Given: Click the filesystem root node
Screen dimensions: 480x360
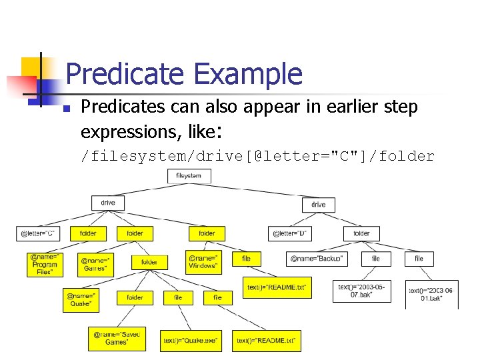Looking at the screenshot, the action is pyautogui.click(x=189, y=176).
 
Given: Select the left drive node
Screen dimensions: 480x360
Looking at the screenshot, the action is pyautogui.click(x=108, y=203).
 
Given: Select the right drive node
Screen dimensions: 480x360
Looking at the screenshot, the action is pyautogui.click(x=318, y=204).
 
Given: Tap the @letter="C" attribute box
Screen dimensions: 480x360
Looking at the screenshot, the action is pyautogui.click(x=37, y=233).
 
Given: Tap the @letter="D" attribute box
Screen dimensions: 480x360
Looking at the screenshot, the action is pyautogui.click(x=291, y=233).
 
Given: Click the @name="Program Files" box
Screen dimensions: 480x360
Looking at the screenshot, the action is pyautogui.click(x=45, y=264).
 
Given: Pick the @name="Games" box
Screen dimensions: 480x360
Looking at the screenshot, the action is pyautogui.click(x=97, y=264).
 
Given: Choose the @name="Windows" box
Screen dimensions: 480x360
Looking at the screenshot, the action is pyautogui.click(x=203, y=261).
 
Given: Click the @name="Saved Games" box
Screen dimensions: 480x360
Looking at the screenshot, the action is pyautogui.click(x=117, y=338).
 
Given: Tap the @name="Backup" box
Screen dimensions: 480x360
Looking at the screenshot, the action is pyautogui.click(x=317, y=258).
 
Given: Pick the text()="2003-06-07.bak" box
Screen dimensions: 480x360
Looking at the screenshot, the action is pyautogui.click(x=361, y=291).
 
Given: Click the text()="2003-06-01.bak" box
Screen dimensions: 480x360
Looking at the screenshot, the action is pyautogui.click(x=432, y=294).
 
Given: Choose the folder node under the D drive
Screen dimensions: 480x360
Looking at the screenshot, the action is pyautogui.click(x=361, y=233).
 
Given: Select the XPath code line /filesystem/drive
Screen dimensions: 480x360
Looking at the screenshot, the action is pyautogui.click(x=257, y=157).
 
